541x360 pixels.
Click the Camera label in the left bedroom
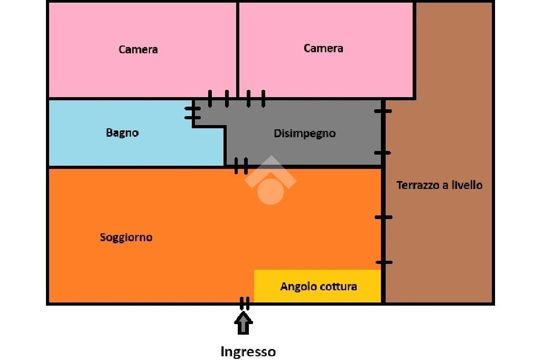click(x=138, y=50)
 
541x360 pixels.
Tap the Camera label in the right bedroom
click(x=323, y=49)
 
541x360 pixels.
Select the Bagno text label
click(x=122, y=133)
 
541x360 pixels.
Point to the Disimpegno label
click(x=304, y=134)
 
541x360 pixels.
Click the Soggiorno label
click(x=126, y=238)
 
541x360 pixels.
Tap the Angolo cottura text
click(x=319, y=287)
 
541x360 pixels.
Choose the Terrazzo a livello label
click(x=439, y=185)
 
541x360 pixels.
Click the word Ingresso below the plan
click(x=248, y=352)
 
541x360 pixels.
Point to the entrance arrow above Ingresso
click(x=244, y=323)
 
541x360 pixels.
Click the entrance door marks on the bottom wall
click(x=244, y=304)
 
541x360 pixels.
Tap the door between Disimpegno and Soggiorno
click(x=241, y=166)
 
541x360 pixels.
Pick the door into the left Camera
click(x=218, y=98)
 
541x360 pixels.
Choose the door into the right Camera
click(x=256, y=98)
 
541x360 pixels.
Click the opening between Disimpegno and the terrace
click(x=383, y=132)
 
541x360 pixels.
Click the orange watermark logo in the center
click(x=270, y=182)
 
